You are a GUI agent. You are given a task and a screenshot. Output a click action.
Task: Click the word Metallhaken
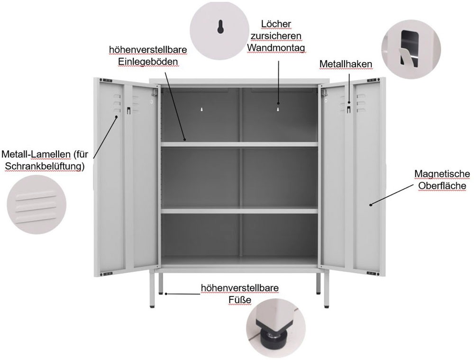pyautogui.click(x=346, y=63)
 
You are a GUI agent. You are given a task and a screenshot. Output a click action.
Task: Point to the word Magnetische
pyautogui.click(x=442, y=174)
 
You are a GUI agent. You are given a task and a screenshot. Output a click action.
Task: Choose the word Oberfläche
pyautogui.click(x=442, y=186)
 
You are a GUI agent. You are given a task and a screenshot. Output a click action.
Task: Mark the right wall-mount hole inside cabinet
pyautogui.click(x=278, y=109)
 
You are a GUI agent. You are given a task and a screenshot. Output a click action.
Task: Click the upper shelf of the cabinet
pyautogui.click(x=239, y=144)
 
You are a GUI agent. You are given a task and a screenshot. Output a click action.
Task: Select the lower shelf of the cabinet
pyautogui.click(x=239, y=211)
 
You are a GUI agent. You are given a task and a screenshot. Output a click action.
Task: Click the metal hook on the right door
pyautogui.click(x=349, y=109)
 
